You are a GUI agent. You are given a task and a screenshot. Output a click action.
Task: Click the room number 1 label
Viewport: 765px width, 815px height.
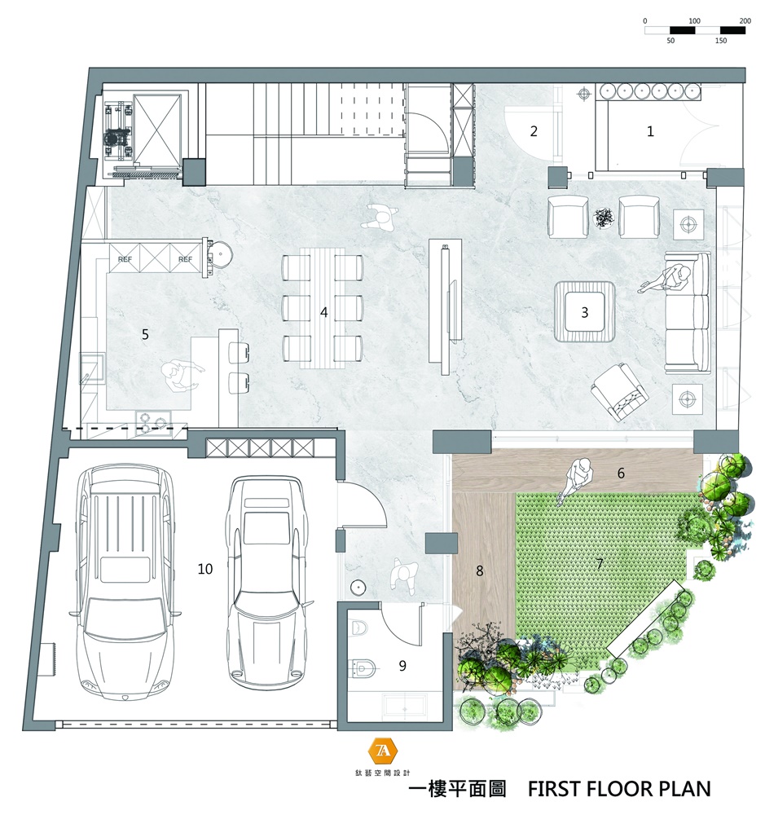649,131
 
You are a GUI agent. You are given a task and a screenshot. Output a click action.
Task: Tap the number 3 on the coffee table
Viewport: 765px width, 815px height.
585,312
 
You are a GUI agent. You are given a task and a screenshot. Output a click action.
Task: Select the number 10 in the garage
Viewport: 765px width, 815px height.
205,569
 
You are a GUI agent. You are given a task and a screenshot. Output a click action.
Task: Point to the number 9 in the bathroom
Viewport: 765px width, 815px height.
402,666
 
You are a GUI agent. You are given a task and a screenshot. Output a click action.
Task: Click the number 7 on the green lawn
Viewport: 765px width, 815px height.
600,564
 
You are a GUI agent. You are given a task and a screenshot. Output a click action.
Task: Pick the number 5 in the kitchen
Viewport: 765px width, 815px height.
146,334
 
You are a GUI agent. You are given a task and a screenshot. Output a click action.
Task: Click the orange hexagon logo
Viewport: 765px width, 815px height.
383,751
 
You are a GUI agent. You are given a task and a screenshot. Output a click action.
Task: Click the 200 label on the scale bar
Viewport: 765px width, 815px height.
745,21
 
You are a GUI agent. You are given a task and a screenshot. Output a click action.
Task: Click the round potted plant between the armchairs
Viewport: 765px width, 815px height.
604,218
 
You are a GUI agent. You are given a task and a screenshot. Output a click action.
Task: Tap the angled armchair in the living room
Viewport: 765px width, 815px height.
620,392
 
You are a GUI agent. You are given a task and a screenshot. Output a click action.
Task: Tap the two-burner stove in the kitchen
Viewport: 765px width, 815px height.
153,421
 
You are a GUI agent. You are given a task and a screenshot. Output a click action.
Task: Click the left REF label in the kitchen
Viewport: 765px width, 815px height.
125,259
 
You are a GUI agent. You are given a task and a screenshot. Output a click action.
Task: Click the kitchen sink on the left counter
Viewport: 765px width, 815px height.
93,368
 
